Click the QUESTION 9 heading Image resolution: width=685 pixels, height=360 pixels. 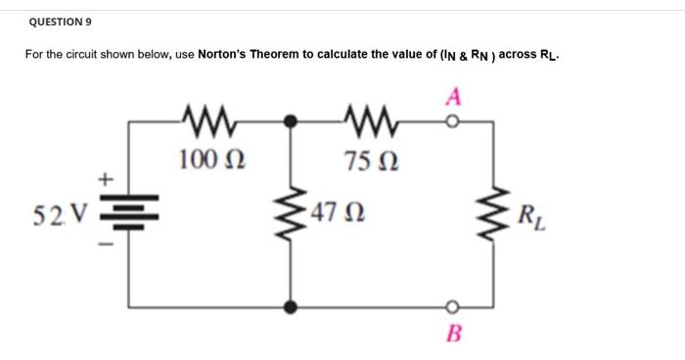click(62, 20)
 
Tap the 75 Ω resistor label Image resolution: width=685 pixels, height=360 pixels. click(369, 158)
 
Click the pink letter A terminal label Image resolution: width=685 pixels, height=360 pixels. click(451, 96)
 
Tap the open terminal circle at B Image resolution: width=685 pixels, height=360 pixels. click(452, 306)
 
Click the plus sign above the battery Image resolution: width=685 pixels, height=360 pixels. click(106, 180)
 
